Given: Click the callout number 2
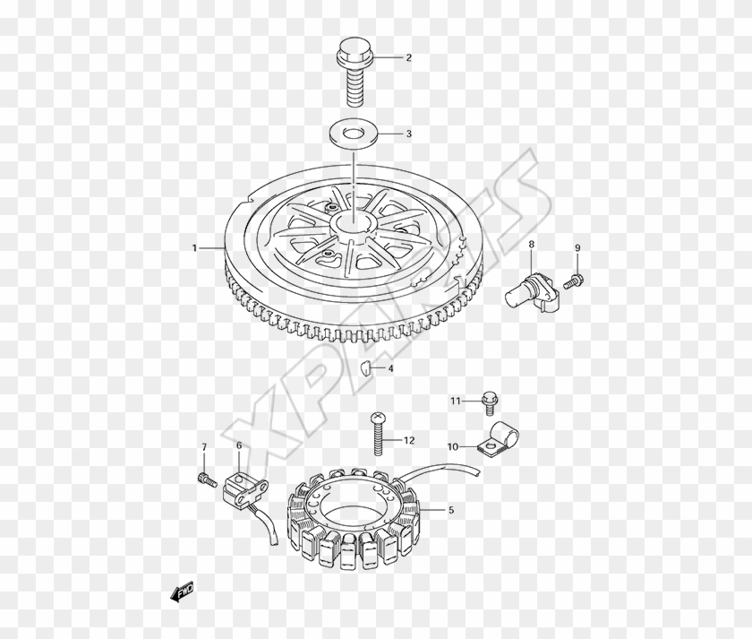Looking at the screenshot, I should click(x=408, y=58).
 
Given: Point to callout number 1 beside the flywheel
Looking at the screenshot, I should click(x=193, y=247).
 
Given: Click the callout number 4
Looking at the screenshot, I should click(x=390, y=367).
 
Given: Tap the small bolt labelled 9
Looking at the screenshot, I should click(x=574, y=281).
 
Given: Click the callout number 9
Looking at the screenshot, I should click(x=577, y=247).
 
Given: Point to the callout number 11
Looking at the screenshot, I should click(x=456, y=401).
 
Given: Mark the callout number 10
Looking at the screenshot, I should click(x=452, y=445).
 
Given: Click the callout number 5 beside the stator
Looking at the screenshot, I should click(x=450, y=511).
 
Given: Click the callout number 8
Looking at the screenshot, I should click(x=530, y=244).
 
